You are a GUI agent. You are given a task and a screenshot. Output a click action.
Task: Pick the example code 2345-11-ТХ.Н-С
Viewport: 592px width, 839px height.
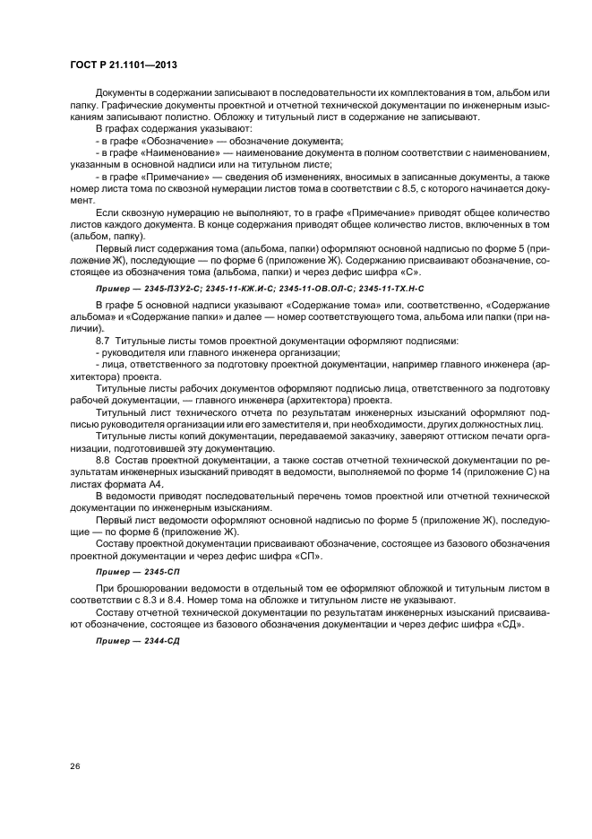(x=392, y=290)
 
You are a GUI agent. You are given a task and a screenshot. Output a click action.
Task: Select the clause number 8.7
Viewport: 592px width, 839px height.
(x=101, y=342)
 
